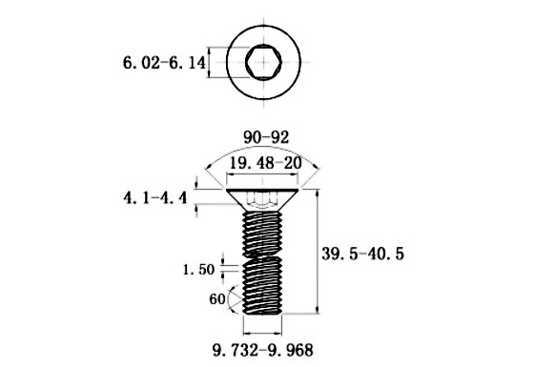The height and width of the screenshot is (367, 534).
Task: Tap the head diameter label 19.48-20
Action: point(260,164)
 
